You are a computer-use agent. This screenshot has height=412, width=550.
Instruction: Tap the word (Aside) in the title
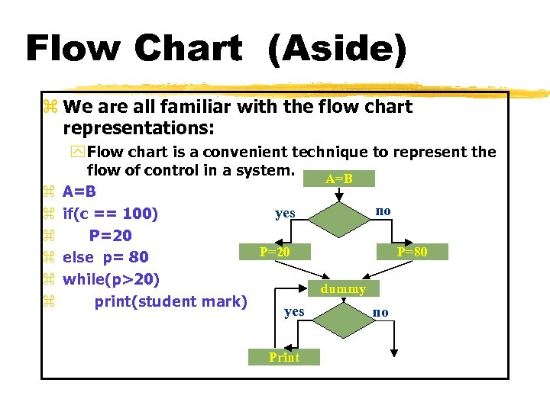pos(336,50)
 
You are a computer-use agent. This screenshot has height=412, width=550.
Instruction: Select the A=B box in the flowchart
pos(338,179)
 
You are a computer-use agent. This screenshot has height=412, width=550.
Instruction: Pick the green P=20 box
pos(273,252)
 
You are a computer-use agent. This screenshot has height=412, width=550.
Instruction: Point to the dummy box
pos(343,289)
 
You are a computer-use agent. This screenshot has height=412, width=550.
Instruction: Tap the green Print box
pos(284,357)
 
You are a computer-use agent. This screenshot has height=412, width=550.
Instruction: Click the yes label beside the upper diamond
pos(285,213)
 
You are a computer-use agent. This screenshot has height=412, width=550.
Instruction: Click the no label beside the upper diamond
pos(383,210)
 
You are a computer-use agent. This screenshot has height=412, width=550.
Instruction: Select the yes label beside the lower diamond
pos(294,311)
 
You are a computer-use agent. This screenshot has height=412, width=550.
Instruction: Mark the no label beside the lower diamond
pos(380,312)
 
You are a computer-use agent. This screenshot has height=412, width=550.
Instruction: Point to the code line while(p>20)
pos(111,278)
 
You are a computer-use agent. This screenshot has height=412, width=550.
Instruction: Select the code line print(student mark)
pos(170,301)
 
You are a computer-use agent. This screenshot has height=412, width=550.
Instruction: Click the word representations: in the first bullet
pos(140,126)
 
